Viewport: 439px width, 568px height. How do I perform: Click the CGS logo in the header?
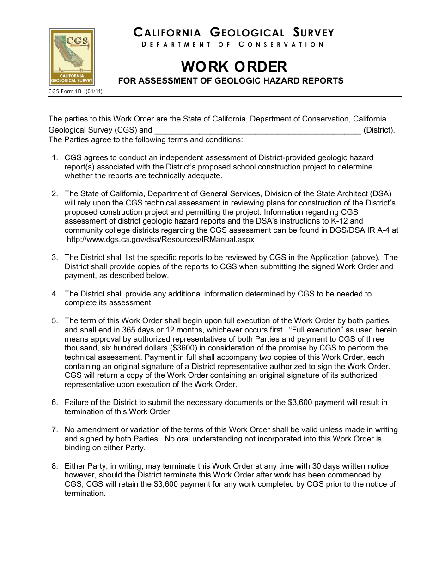[x=72, y=57]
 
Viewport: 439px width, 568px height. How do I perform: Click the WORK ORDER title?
[x=234, y=66]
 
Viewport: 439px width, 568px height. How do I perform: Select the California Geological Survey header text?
[x=234, y=33]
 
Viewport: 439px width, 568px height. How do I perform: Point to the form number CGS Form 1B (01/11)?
[x=75, y=91]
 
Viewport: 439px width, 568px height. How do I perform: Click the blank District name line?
[x=257, y=130]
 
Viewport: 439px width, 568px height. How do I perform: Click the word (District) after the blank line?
[x=379, y=130]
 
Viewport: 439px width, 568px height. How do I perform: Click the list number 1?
[x=55, y=158]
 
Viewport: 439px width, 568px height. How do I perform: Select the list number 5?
[x=55, y=320]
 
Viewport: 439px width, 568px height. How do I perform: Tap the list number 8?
[x=55, y=466]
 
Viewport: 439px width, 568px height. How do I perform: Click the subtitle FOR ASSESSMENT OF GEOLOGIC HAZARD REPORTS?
[x=231, y=81]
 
